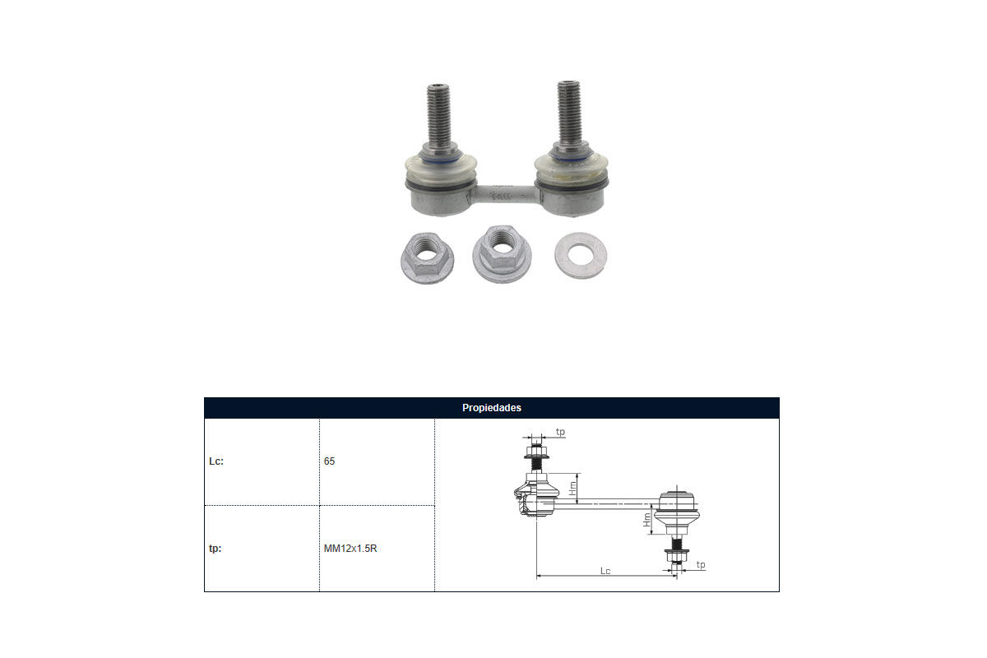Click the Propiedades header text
[491, 408]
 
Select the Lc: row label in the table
[216, 461]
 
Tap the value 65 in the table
[329, 461]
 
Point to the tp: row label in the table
[215, 549]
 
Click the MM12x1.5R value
[350, 549]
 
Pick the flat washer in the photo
[581, 256]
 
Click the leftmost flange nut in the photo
[427, 258]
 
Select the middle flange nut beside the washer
[502, 254]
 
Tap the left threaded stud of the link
[439, 115]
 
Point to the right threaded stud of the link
[568, 113]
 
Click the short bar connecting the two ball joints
[505, 194]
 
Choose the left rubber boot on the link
[441, 169]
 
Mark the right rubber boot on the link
[571, 167]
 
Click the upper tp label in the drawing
[560, 432]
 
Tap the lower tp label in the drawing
[701, 564]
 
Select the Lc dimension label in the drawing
[605, 571]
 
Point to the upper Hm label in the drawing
[572, 488]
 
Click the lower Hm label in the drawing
[646, 520]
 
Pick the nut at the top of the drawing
[536, 452]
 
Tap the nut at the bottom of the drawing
[676, 555]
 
